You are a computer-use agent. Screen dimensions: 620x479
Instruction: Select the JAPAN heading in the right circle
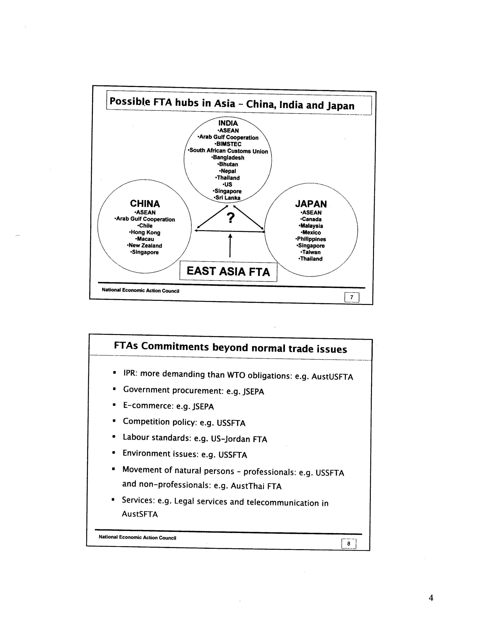click(x=311, y=204)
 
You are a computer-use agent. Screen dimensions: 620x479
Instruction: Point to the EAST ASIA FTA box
click(x=228, y=271)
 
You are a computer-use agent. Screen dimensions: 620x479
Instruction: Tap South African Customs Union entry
click(x=228, y=151)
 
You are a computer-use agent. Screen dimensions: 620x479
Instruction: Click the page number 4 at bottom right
click(x=431, y=598)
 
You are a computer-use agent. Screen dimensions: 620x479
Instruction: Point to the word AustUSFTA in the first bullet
click(x=332, y=377)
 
